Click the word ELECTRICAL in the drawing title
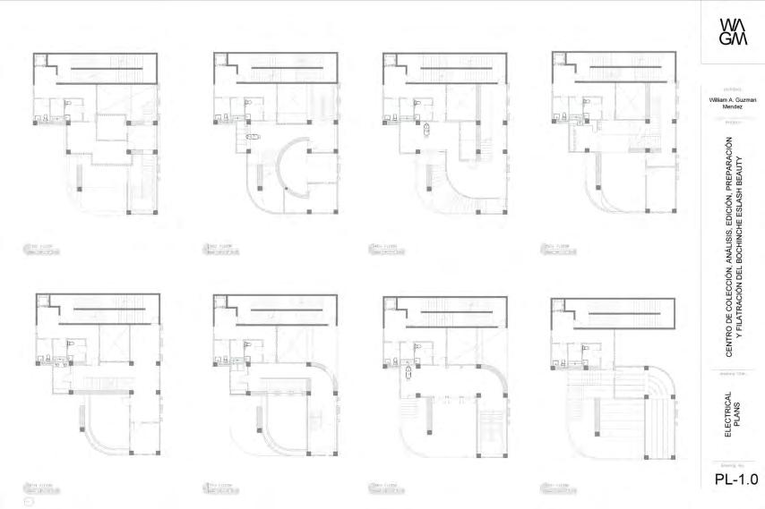[727, 420]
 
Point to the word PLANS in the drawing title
[739, 420]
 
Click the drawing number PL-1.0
[736, 479]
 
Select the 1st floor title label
[42, 249]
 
